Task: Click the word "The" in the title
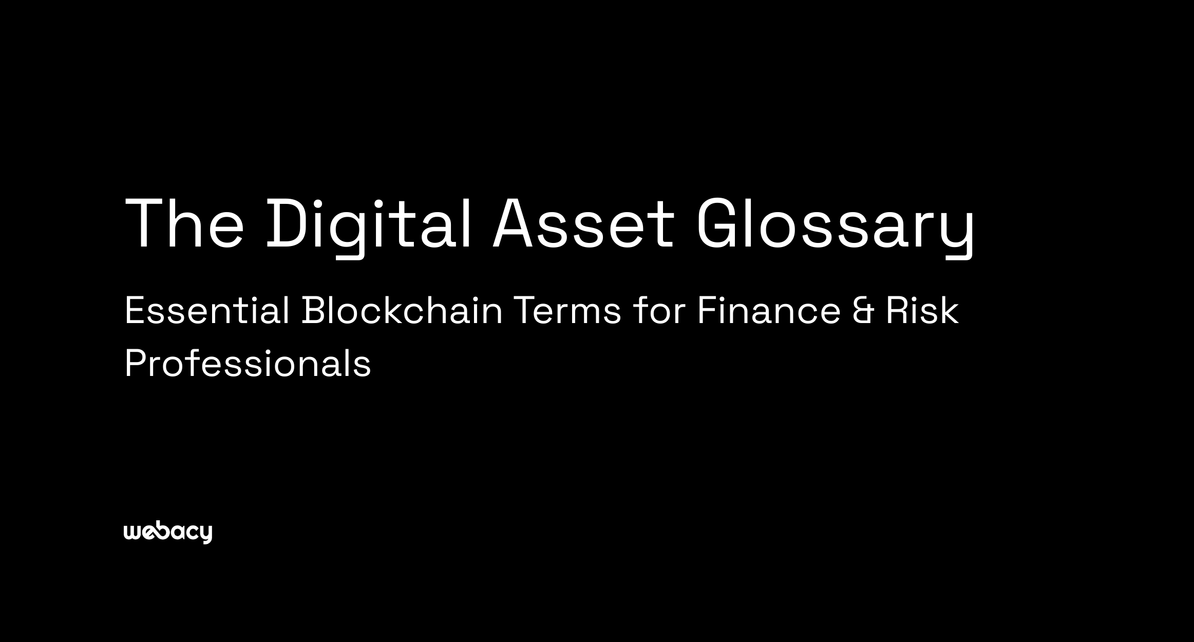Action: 184,224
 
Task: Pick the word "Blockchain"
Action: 402,311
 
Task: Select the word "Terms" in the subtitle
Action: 567,311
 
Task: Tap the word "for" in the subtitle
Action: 659,311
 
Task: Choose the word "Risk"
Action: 922,311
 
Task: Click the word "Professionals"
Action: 248,364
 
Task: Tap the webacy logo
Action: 168,533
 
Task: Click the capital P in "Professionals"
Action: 135,364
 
